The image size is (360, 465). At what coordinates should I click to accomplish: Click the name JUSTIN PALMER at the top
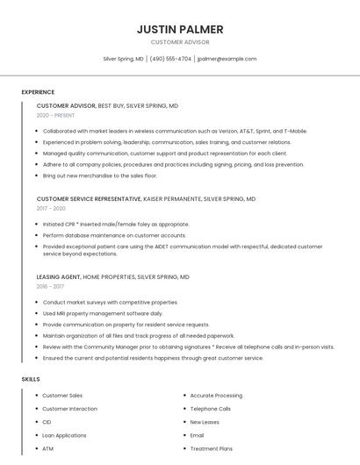click(x=180, y=29)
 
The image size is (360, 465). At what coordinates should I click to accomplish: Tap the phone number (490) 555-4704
click(x=170, y=59)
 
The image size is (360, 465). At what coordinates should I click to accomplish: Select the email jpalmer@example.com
click(x=227, y=59)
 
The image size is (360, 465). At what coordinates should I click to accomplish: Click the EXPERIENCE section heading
click(x=38, y=90)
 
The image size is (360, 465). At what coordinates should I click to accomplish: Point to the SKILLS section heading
click(x=31, y=379)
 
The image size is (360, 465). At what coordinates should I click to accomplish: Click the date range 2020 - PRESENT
click(x=55, y=115)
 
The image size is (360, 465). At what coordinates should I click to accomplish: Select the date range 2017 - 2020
click(x=51, y=209)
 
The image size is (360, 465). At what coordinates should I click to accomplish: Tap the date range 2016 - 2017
click(x=50, y=286)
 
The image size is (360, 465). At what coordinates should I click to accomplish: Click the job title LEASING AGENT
click(x=58, y=276)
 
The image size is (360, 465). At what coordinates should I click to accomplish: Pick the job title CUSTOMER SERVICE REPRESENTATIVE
click(x=89, y=199)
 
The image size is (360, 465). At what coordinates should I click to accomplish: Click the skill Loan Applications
click(x=64, y=435)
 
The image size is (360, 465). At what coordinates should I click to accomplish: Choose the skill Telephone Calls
click(x=210, y=409)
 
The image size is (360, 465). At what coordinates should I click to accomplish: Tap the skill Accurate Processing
click(x=216, y=396)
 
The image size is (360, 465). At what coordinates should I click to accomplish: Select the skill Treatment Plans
click(x=211, y=448)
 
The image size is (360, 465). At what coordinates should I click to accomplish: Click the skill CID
click(x=47, y=422)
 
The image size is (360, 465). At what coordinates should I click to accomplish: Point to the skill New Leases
click(x=205, y=422)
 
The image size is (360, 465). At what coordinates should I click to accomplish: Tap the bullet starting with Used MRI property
click(x=103, y=313)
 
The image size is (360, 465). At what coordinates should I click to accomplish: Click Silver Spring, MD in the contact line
click(x=123, y=59)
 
